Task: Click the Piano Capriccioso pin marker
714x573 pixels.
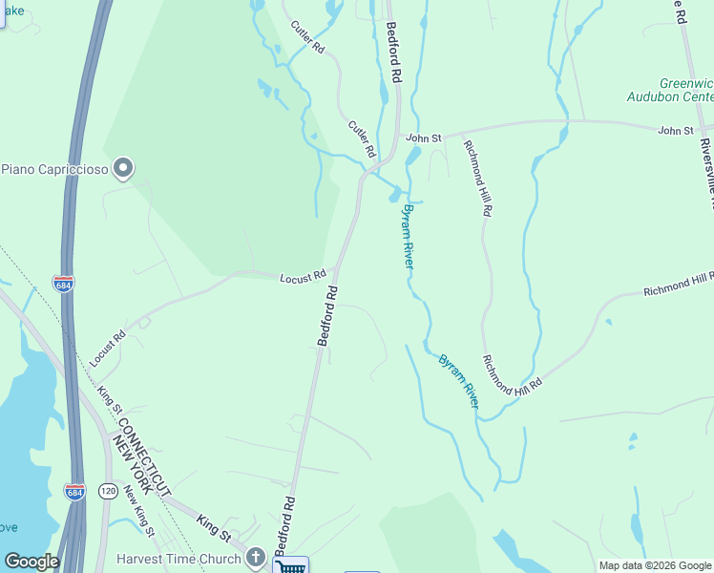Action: click(x=122, y=169)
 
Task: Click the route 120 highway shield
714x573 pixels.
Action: click(x=107, y=491)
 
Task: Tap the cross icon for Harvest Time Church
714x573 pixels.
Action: click(x=255, y=557)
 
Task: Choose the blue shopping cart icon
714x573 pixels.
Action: click(x=290, y=565)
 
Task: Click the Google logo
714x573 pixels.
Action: click(x=31, y=562)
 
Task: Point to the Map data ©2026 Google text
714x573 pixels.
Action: click(x=655, y=565)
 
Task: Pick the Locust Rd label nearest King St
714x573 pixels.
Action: click(x=107, y=350)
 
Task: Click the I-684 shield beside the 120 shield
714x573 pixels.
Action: click(x=74, y=491)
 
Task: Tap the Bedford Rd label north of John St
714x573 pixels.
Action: click(x=392, y=53)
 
